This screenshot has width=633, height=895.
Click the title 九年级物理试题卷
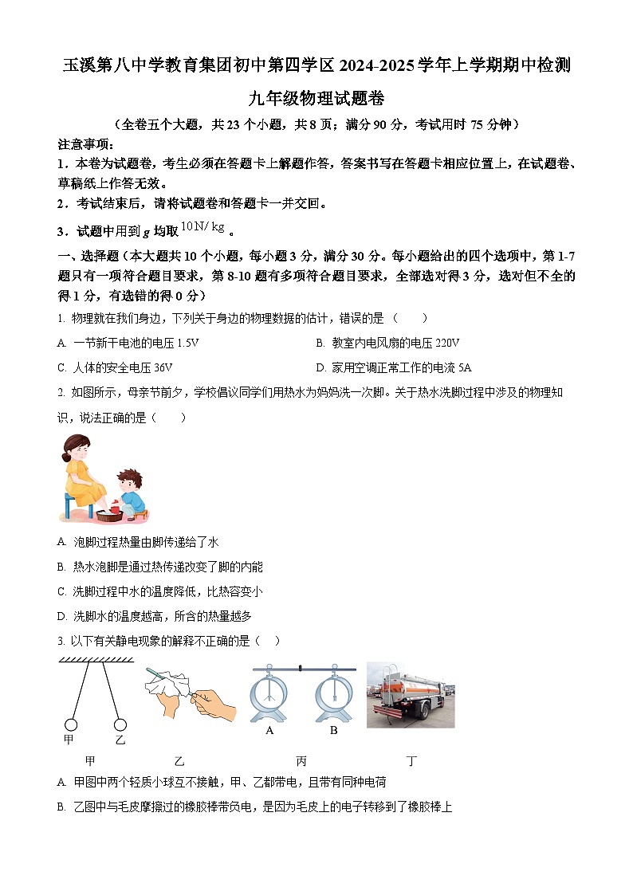click(x=316, y=98)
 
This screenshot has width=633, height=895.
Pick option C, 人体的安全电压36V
click(x=116, y=367)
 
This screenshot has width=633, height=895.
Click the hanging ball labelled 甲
click(x=70, y=724)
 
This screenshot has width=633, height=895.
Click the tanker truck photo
click(x=410, y=694)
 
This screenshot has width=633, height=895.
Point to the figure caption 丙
click(x=301, y=760)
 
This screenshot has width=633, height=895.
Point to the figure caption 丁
click(x=411, y=760)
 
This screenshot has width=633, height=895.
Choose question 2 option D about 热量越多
click(x=155, y=615)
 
